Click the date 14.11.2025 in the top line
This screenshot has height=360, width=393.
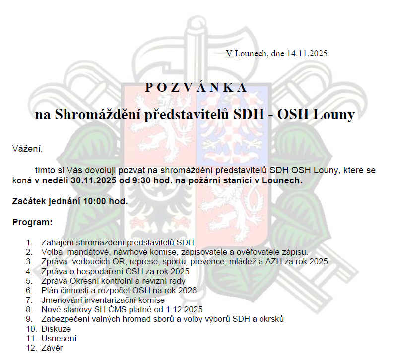tap(307, 53)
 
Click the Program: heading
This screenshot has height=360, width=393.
tap(32, 222)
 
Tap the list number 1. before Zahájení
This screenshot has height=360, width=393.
tap(30, 243)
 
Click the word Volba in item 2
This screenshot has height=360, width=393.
tap(52, 252)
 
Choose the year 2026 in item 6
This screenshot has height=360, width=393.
tap(187, 290)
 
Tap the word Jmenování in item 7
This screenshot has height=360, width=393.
tap(62, 300)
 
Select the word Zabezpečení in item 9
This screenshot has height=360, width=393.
tap(65, 319)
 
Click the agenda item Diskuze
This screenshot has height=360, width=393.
tap(57, 329)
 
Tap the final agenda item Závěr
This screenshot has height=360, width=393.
tap(53, 348)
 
